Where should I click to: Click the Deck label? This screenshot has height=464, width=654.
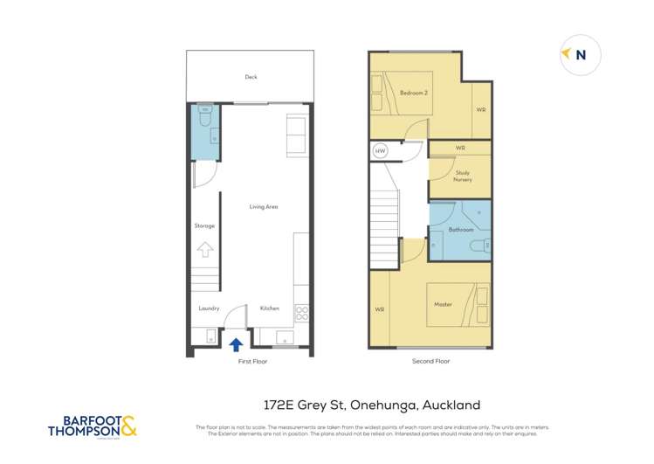click(x=251, y=77)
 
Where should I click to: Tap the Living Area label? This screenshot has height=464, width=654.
click(x=264, y=207)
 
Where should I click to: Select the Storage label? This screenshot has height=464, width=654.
click(x=204, y=225)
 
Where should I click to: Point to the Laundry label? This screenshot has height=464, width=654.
click(x=209, y=308)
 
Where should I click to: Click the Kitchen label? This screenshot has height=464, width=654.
click(x=270, y=308)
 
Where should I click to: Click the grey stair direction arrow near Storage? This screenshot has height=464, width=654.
click(x=204, y=249)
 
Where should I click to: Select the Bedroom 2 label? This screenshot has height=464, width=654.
click(x=412, y=93)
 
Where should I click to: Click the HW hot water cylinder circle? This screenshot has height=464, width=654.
click(x=380, y=151)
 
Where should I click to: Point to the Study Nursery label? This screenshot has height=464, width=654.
click(x=463, y=176)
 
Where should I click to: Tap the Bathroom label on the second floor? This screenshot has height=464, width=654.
click(x=460, y=230)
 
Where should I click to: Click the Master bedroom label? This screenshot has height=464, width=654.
click(x=443, y=304)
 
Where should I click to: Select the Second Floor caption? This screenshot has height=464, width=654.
click(x=430, y=360)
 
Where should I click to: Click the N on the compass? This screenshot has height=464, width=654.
click(x=582, y=55)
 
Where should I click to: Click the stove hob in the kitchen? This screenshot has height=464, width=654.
click(x=302, y=312)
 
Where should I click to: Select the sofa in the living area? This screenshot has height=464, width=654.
click(x=297, y=135)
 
